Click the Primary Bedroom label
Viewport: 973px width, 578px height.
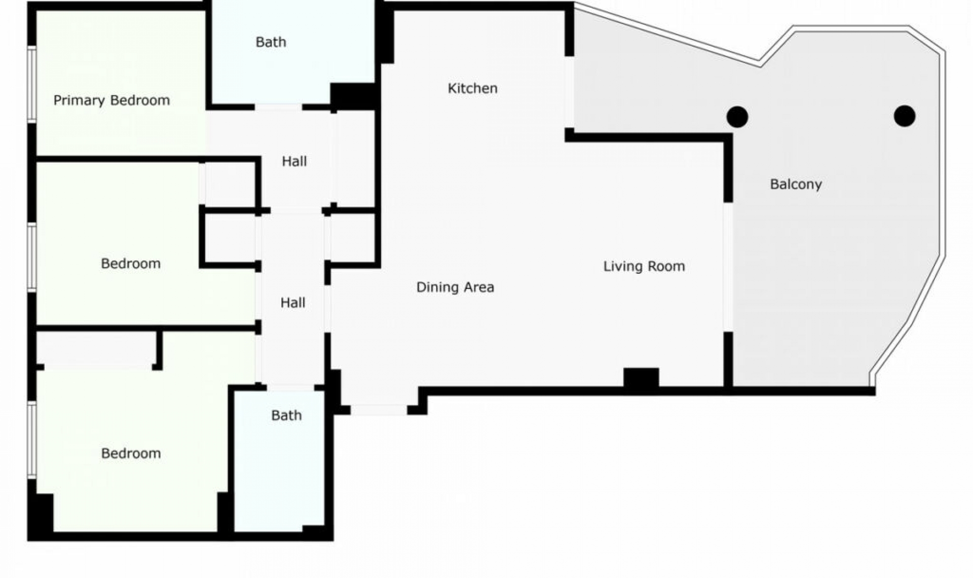[111, 100]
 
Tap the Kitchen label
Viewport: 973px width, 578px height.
[472, 88]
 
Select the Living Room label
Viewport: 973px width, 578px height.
[644, 266]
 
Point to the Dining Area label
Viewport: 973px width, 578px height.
[455, 287]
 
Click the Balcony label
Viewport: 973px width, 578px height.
[796, 184]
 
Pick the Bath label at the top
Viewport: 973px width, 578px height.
[271, 42]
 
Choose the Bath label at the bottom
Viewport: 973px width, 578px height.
[286, 415]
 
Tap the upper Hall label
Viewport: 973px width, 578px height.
[294, 161]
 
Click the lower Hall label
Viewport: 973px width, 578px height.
[292, 303]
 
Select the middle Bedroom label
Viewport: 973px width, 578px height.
[130, 263]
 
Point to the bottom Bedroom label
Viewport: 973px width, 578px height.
[131, 453]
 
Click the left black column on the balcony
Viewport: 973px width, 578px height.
[737, 117]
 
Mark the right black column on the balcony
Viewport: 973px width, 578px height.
[904, 116]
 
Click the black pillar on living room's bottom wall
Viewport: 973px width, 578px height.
[641, 378]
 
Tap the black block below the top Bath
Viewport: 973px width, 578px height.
[353, 96]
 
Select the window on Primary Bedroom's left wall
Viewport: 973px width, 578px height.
[32, 84]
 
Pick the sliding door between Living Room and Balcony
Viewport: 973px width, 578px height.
[728, 267]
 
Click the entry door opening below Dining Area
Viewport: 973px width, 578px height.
[379, 410]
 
